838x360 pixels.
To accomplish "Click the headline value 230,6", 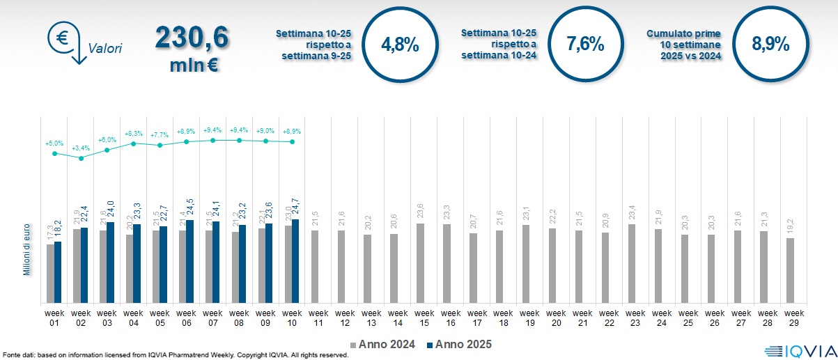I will (191, 38).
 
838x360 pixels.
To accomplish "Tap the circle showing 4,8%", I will (400, 45).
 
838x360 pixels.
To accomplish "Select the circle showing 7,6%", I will (585, 45).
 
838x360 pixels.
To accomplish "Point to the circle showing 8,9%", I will (770, 45).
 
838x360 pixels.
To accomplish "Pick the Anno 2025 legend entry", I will (458, 344).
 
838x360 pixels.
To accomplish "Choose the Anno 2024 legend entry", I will (384, 344).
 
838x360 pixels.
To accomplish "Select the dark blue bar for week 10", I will (295, 261).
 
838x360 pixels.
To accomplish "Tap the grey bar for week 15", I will (420, 263).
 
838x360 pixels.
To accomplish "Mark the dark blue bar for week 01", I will (58, 272).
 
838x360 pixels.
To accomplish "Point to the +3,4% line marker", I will (82, 158).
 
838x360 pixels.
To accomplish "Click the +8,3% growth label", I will (134, 133).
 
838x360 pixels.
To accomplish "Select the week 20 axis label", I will (556, 317).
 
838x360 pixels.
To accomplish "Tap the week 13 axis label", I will (371, 317).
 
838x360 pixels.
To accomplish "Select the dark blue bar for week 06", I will (190, 261).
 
